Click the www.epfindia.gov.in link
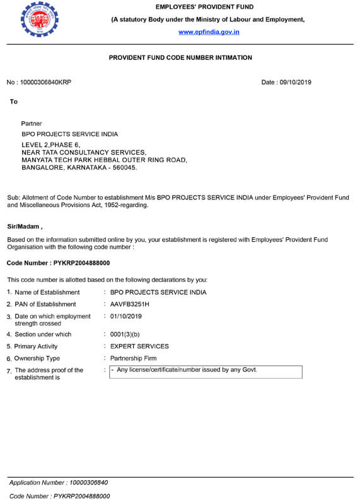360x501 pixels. (209, 32)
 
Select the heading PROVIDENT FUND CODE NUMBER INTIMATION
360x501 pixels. (180, 57)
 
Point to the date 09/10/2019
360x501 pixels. (295, 82)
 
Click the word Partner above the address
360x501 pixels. (32, 124)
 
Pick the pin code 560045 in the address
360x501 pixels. (121, 168)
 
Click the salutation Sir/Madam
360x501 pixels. (25, 226)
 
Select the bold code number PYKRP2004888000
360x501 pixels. (82, 262)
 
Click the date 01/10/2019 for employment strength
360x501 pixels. (126, 316)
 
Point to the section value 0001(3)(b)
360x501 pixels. (125, 334)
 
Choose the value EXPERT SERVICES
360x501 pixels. (139, 346)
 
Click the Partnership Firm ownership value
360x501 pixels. (133, 358)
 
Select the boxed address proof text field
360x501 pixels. (206, 372)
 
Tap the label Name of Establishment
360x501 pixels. (47, 292)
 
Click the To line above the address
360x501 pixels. (14, 102)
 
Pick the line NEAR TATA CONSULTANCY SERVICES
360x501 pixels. (84, 152)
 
